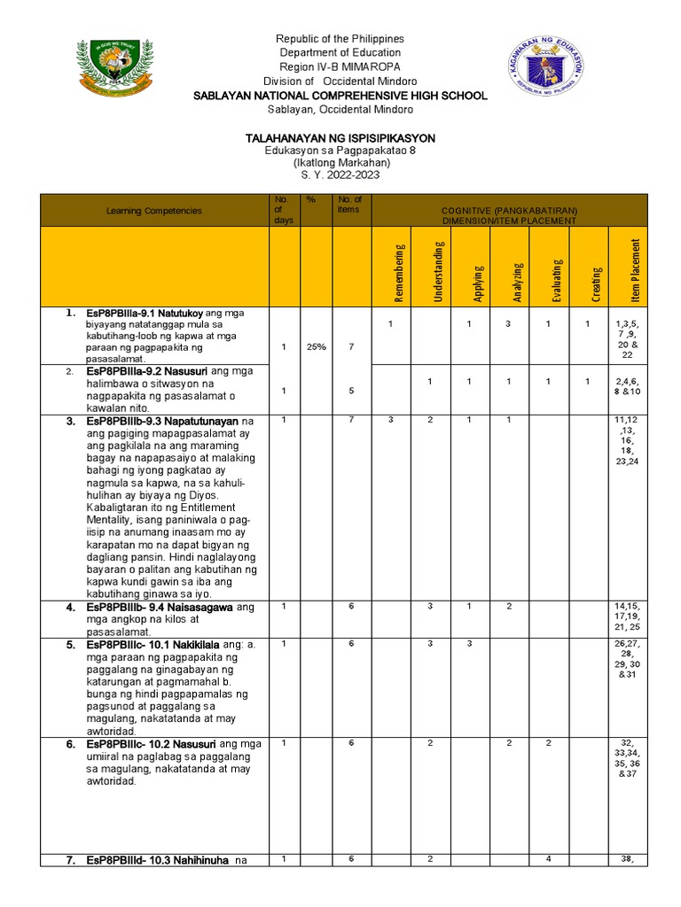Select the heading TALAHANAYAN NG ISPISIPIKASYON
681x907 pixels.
pyautogui.click(x=340, y=139)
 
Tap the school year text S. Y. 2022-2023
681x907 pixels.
pyautogui.click(x=340, y=176)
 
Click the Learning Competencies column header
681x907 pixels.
pyautogui.click(x=154, y=211)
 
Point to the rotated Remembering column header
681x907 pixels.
pyautogui.click(x=399, y=273)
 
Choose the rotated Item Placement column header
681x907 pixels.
pyautogui.click(x=627, y=267)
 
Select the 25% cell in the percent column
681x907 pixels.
pyautogui.click(x=311, y=347)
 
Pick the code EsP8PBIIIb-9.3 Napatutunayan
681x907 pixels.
pyautogui.click(x=163, y=422)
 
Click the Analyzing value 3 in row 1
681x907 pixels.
pyautogui.click(x=508, y=325)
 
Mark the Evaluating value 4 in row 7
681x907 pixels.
pyautogui.click(x=549, y=859)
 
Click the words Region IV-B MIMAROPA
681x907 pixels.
pyautogui.click(x=340, y=67)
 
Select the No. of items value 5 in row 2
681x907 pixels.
pyautogui.click(x=351, y=391)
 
